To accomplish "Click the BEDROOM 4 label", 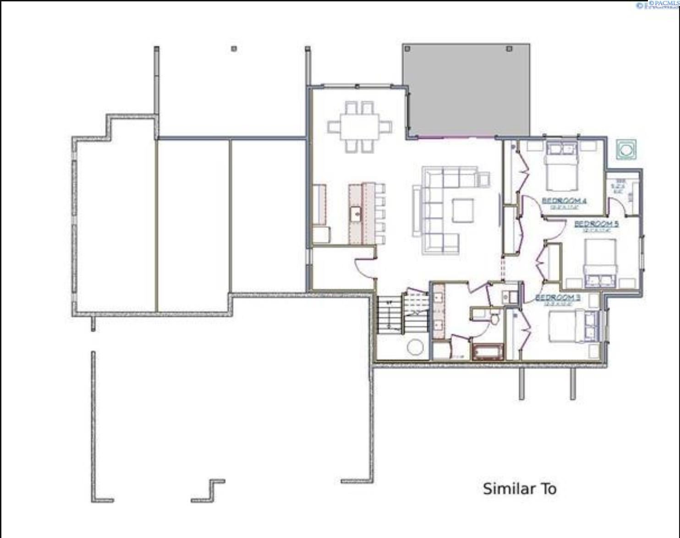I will coord(564,200).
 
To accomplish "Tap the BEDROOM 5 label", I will coord(596,224).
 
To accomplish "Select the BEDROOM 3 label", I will coord(558,297).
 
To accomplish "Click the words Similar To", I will coord(520,489).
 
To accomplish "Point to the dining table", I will coord(360,126).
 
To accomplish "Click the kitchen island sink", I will coord(356,213).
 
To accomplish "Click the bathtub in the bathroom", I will coord(488,352).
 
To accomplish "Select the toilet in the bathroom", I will coord(494,318).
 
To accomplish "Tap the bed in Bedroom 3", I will coord(568,326).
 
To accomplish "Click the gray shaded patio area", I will coord(466,89).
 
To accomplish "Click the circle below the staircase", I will coord(415,347).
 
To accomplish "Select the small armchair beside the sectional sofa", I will coord(483,178).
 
